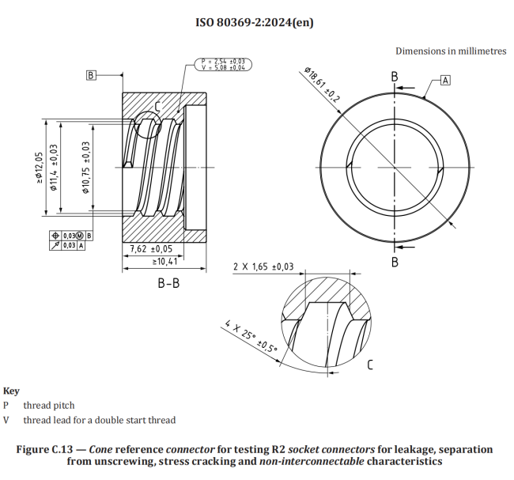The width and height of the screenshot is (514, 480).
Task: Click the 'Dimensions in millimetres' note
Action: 451,51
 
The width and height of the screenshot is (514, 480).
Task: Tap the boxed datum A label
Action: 445,80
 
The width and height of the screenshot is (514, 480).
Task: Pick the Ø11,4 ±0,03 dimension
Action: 54,167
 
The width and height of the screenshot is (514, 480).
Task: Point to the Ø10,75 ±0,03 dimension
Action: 85,167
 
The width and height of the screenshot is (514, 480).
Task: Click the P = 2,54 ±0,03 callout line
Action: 222,60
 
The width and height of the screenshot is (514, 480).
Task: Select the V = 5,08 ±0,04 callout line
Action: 222,67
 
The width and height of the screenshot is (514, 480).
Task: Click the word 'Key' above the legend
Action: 12,391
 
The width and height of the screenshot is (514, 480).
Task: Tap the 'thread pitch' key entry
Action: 49,406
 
